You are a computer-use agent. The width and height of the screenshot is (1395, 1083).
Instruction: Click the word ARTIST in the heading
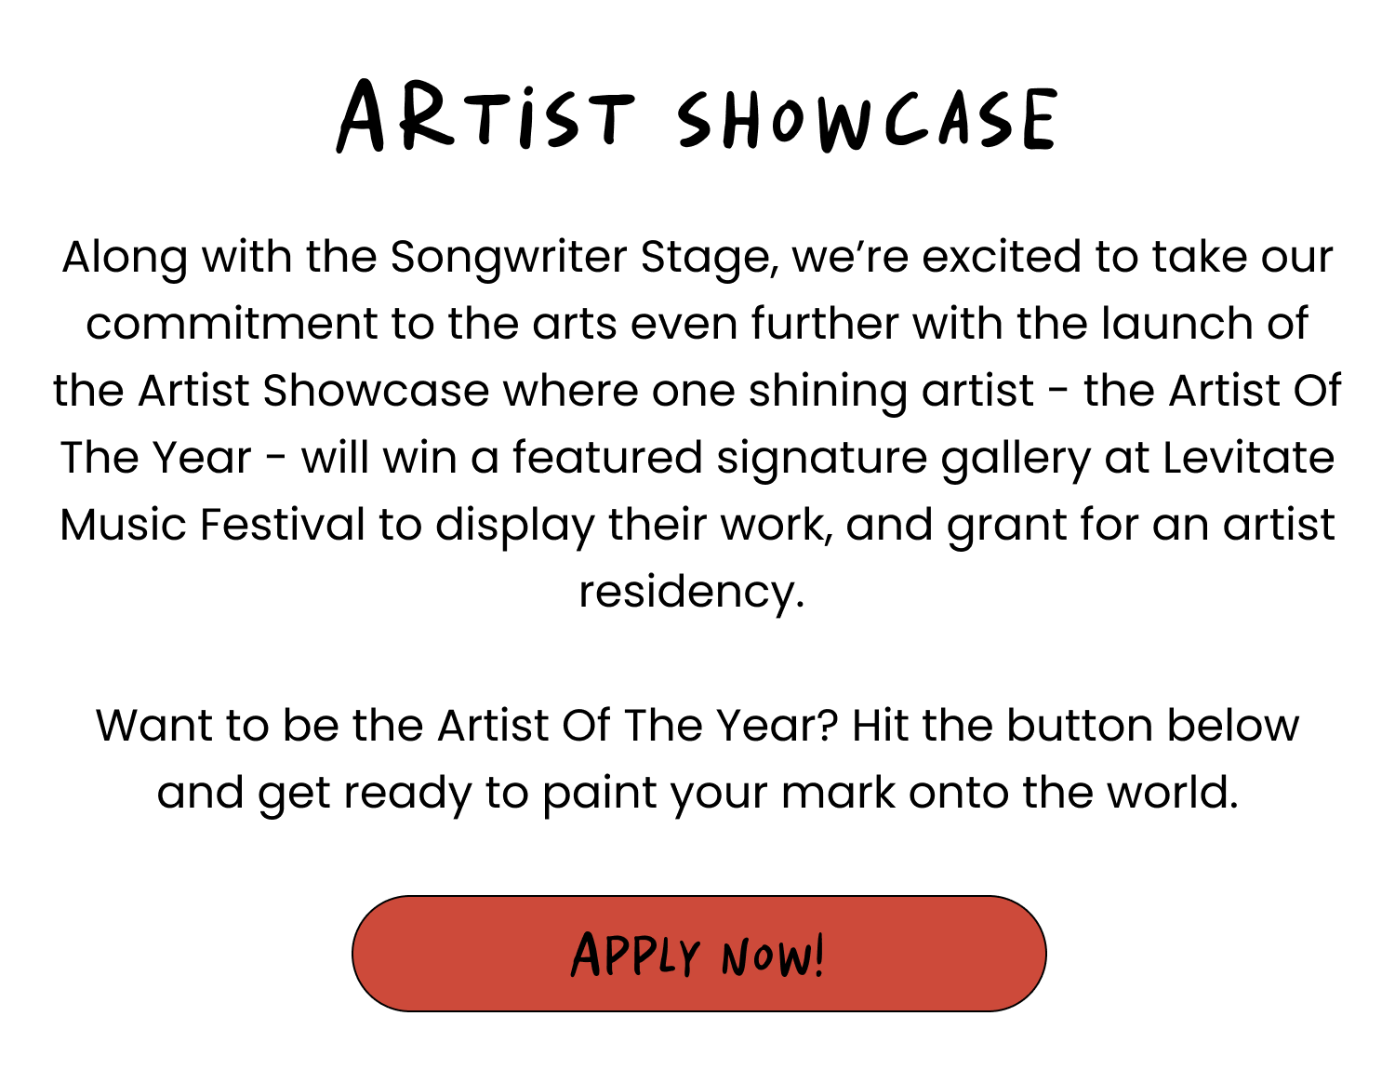click(x=486, y=115)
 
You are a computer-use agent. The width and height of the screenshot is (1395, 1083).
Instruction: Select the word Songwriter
click(x=509, y=258)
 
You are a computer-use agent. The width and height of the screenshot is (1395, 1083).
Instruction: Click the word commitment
click(x=232, y=323)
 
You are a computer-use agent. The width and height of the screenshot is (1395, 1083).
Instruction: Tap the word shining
click(x=828, y=392)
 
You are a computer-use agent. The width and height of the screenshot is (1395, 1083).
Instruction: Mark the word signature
click(x=822, y=459)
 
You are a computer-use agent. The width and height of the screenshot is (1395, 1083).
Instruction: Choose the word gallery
click(x=1016, y=459)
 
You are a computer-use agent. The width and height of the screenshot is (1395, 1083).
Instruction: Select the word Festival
click(x=283, y=524)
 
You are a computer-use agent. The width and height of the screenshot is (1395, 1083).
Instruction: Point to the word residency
click(x=691, y=593)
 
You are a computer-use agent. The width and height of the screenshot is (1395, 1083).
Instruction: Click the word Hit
click(x=880, y=725)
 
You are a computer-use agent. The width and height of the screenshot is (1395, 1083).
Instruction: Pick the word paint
click(x=600, y=795)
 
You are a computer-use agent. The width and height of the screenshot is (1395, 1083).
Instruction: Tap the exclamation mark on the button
click(x=817, y=956)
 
